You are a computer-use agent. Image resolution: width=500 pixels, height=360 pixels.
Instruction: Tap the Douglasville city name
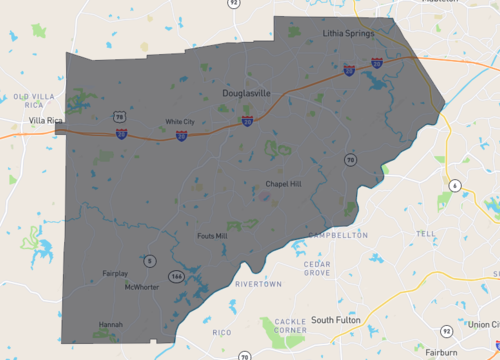pos(246,93)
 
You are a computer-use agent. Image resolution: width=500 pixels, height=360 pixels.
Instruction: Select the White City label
pos(180,122)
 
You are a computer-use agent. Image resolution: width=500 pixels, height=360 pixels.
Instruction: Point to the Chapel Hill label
pos(282,183)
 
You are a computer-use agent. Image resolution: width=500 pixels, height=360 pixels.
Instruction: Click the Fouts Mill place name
pos(212,236)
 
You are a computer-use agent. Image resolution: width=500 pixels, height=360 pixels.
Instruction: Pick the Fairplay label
pos(116,273)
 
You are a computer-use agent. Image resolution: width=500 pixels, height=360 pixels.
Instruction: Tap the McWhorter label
pos(141,287)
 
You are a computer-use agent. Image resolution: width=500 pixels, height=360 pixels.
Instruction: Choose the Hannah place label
pos(111,324)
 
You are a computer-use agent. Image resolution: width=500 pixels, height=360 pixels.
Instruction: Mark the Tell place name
pos(427,233)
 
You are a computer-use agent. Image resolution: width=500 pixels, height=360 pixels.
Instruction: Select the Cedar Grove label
pos(317,268)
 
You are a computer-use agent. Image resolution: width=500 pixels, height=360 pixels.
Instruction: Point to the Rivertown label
pos(257,285)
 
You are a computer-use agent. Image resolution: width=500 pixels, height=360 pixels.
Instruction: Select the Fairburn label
pos(440,352)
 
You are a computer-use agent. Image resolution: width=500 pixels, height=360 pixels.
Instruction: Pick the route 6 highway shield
pos(454,186)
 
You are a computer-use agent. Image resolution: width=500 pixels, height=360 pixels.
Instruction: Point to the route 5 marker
pos(150,261)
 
